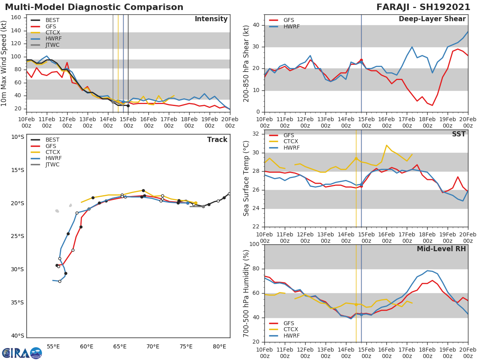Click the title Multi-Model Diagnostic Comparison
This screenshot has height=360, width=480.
tap(94, 7)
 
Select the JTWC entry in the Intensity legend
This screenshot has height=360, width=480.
tap(52, 45)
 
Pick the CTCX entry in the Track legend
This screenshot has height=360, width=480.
tap(52, 152)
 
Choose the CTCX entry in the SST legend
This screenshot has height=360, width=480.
tap(291, 141)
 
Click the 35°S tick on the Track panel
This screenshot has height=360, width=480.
tap(17, 302)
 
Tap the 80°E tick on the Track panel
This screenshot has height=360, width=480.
tap(219, 346)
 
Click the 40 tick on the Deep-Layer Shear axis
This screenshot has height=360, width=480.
tap(256, 25)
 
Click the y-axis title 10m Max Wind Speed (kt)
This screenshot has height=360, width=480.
tap(4, 63)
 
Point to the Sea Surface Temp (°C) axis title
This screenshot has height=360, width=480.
tap(246, 178)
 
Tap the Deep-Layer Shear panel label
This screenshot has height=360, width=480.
tap(432, 19)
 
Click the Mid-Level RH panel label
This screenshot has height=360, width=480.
tap(441, 249)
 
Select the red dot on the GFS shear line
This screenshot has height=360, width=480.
tap(361, 60)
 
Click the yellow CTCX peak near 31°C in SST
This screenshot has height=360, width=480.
tap(386, 145)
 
